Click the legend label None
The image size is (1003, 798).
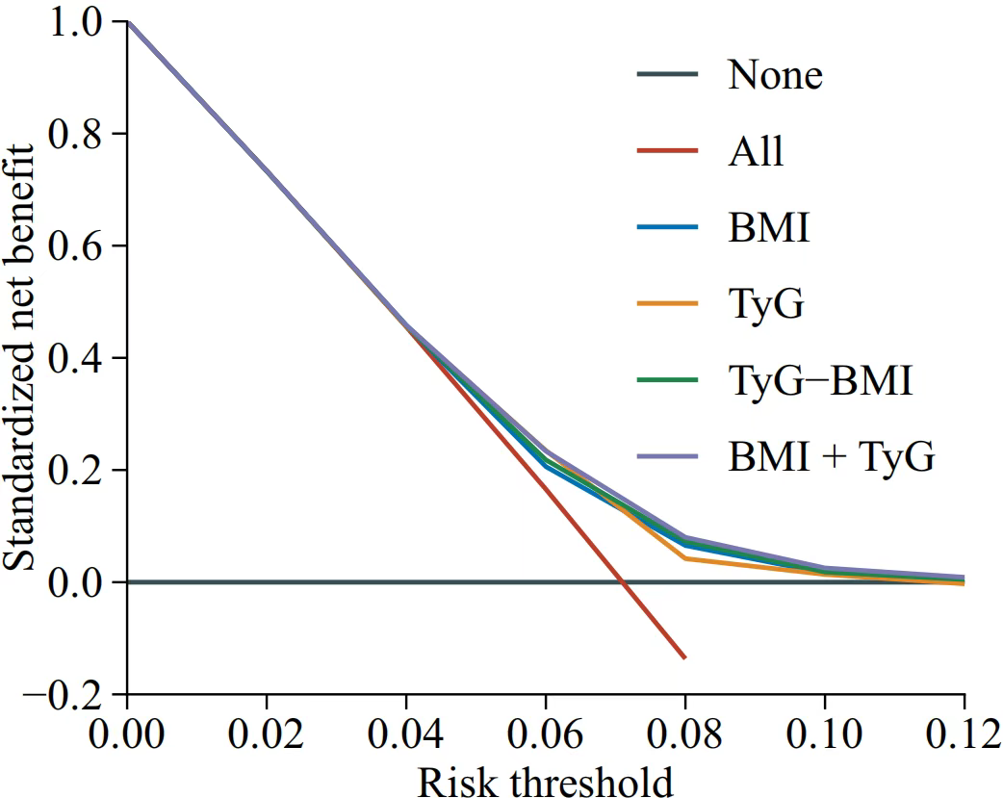(775, 75)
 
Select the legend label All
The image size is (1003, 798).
(756, 151)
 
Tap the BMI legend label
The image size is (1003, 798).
(768, 228)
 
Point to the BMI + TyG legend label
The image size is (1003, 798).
(831, 457)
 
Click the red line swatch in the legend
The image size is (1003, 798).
(666, 151)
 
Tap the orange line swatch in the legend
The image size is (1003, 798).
(666, 305)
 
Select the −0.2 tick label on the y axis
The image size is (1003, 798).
(62, 695)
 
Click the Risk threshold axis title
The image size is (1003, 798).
(545, 782)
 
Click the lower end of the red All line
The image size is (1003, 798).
(684, 657)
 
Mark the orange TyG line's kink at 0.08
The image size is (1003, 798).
(685, 558)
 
